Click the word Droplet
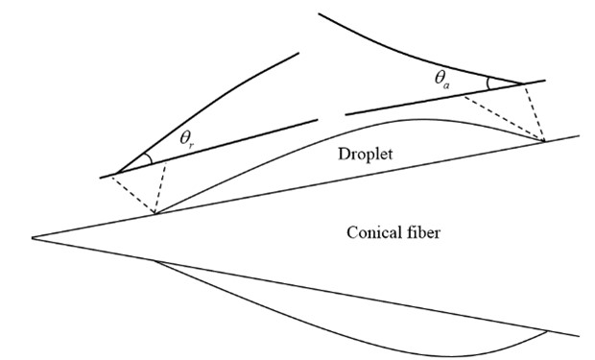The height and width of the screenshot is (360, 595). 365,155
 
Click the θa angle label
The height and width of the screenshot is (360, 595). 442,80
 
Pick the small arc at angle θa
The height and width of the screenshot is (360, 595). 489,84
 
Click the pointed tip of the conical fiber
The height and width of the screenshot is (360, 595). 32,238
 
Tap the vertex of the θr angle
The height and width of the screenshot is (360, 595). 116,173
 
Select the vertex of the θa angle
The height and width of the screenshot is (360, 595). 524,84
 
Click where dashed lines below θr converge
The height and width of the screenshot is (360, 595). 155,213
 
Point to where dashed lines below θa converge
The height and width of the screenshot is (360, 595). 544,141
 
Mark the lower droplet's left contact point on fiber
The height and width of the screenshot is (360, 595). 155,261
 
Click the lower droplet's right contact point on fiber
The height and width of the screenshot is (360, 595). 547,331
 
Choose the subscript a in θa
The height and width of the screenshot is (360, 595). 446,85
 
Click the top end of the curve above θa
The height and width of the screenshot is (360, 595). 320,14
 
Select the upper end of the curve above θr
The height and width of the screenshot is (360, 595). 298,53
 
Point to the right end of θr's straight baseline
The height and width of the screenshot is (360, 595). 317,120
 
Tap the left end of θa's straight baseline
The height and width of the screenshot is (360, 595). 346,114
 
